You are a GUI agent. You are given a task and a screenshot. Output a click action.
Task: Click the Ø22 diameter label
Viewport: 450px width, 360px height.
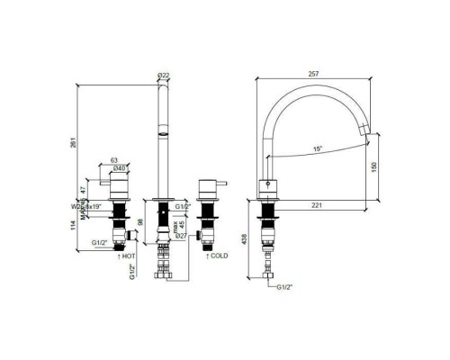tap(163, 75)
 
